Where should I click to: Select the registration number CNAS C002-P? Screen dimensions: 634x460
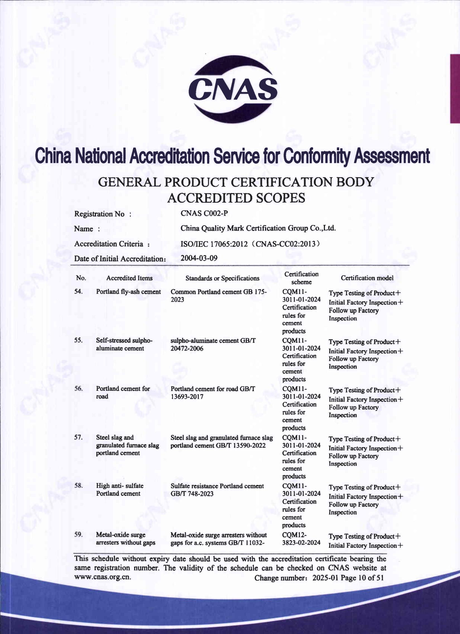pos(204,213)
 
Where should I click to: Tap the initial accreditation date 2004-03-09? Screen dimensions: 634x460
pos(199,258)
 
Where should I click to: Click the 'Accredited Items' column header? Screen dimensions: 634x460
pos(129,278)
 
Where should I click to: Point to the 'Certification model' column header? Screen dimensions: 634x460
pos(367,278)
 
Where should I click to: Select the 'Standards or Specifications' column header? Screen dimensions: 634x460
pos(222,278)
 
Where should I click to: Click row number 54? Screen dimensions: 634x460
pos(78,291)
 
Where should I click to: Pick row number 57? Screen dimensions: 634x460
pos(78,437)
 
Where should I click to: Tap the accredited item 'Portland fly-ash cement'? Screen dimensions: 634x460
pos(128,292)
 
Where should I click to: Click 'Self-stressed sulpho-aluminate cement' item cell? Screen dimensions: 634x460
pos(124,344)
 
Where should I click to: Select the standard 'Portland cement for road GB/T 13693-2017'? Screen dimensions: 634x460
pos(213,392)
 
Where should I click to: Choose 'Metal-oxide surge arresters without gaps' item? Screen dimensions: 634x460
pos(126,539)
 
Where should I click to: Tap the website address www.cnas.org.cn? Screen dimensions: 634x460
pos(102,577)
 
